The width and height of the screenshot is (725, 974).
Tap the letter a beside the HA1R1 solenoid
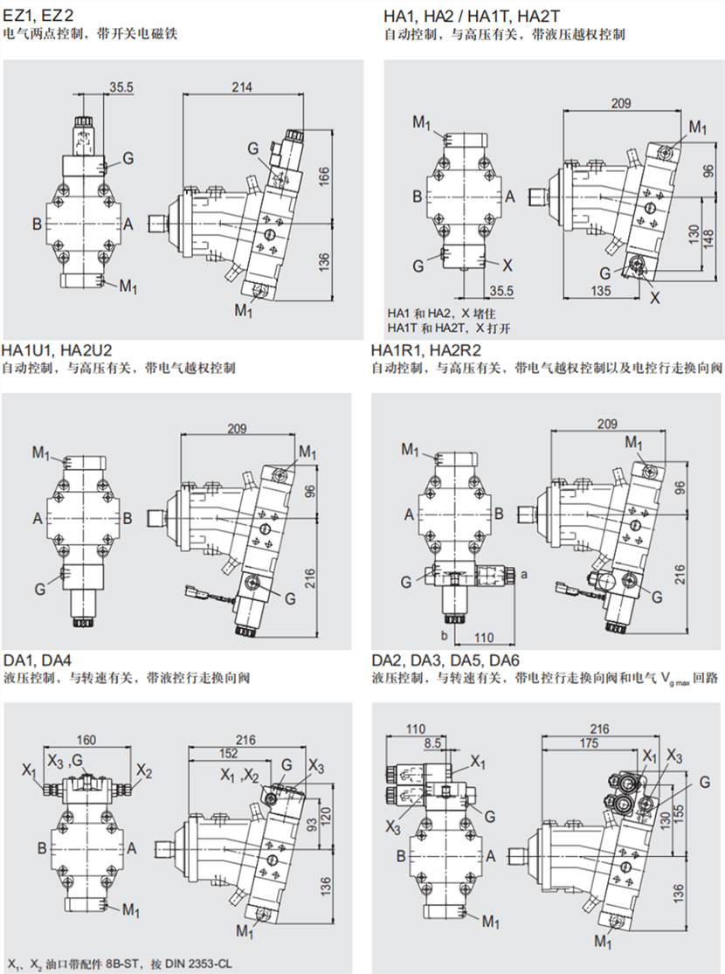tap(524, 575)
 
